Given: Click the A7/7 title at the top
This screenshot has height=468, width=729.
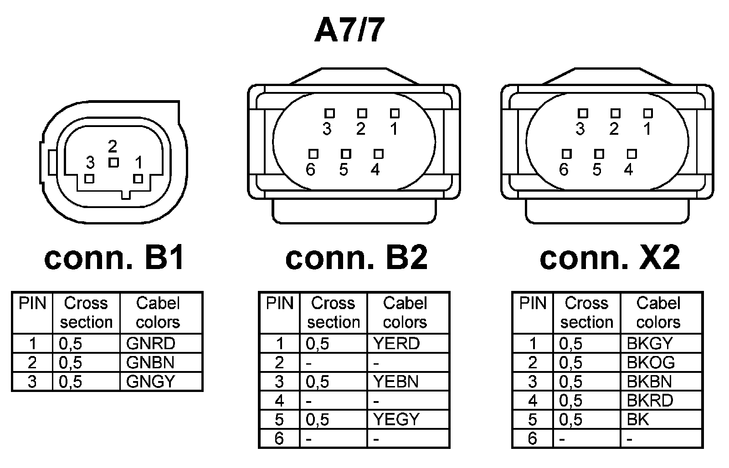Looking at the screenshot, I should (349, 31).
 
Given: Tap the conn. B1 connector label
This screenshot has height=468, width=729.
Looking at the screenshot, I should (114, 258).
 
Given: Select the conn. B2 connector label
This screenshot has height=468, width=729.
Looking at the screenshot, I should (356, 258).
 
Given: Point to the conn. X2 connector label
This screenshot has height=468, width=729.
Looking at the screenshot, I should (610, 258).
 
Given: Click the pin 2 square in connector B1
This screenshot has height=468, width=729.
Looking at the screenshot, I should (113, 162).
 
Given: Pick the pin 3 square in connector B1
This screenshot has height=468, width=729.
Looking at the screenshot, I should (90, 178).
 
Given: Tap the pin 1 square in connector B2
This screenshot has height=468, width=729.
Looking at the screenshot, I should (395, 113).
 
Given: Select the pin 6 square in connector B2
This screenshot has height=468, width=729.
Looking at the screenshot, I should (313, 154).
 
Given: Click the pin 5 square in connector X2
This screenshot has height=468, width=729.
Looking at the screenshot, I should (599, 154).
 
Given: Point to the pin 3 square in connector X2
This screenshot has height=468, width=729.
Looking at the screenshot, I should (582, 113).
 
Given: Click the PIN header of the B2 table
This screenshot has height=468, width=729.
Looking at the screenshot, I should (279, 303).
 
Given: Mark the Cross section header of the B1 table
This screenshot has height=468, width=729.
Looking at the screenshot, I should (86, 312).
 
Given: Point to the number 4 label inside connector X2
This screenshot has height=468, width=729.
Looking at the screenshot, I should (629, 170).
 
